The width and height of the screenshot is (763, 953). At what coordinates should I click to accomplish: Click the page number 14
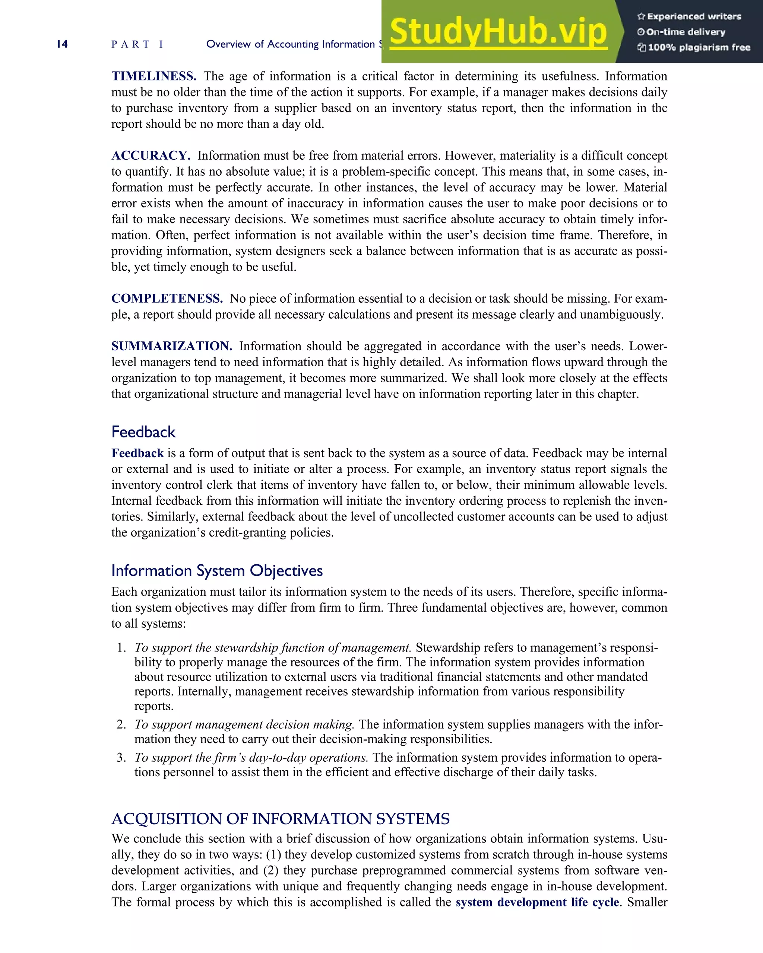[62, 44]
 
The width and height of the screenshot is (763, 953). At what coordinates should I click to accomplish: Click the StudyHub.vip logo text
[498, 32]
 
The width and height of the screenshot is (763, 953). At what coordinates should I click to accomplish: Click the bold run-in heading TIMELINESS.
[153, 76]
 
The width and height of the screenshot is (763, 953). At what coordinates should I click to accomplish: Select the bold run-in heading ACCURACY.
[151, 156]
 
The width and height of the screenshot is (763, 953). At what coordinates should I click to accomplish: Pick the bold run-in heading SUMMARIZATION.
[172, 346]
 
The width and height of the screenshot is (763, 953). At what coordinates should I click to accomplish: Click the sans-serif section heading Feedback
[143, 432]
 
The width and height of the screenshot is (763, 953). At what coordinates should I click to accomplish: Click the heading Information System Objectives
[217, 571]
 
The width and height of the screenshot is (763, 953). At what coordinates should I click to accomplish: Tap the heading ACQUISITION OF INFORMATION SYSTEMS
[281, 819]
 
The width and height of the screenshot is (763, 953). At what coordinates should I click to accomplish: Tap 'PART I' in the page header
[137, 44]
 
